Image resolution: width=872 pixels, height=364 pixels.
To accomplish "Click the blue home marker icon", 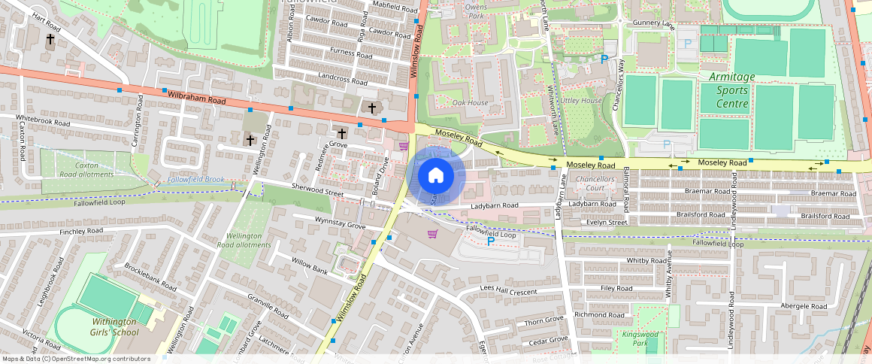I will (436, 176).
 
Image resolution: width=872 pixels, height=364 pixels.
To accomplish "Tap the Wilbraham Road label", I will (196, 98).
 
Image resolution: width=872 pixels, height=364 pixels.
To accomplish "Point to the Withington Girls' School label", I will (115, 327).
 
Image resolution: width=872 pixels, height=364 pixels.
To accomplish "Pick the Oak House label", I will (470, 102).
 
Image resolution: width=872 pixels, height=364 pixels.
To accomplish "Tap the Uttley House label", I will (581, 100).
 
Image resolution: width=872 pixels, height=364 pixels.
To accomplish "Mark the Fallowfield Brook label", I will (195, 180).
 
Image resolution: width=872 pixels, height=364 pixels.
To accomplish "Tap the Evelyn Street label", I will (607, 223).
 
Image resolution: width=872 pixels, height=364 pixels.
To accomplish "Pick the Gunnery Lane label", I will (654, 24).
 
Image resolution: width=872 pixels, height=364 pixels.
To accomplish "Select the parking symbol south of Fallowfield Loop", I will (491, 241).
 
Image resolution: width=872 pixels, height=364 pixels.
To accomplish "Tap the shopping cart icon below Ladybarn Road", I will (432, 234).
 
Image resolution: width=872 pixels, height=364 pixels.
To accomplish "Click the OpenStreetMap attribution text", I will (76, 359).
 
